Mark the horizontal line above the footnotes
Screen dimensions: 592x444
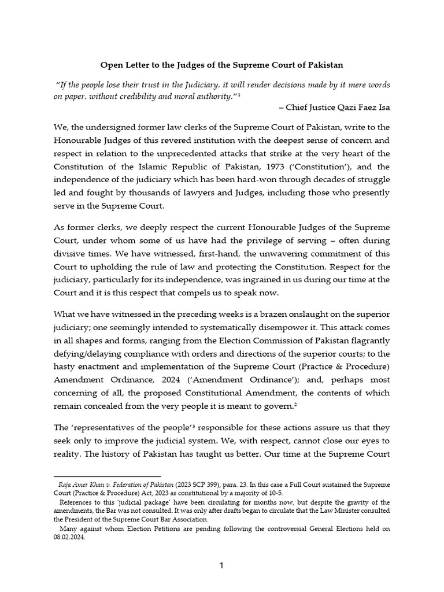(x=107, y=476)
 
